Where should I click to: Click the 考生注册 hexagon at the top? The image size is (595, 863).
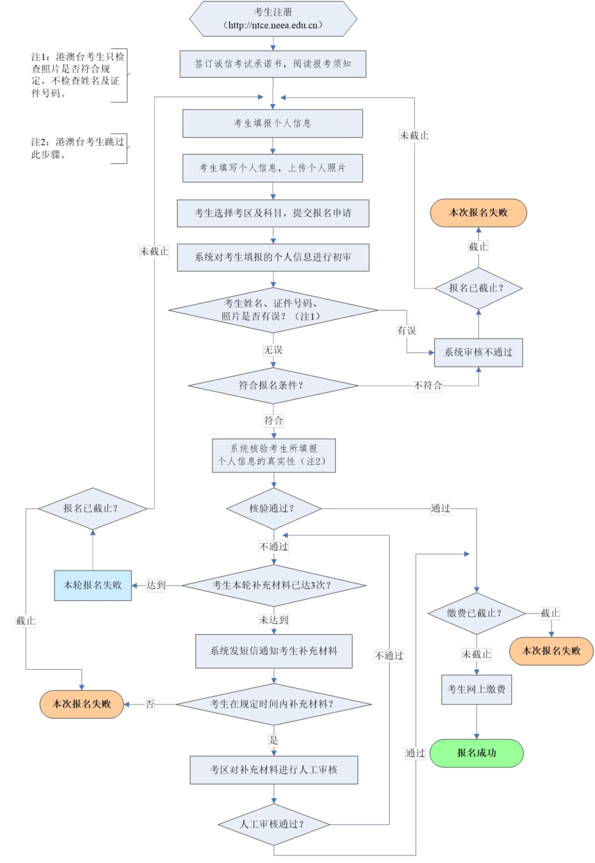pos(273,19)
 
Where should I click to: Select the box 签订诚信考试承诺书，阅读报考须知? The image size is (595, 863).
pos(273,64)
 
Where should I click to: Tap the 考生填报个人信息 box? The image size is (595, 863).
pos(273,123)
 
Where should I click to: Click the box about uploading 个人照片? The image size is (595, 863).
pos(273,168)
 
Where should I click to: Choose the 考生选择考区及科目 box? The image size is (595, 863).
pos(273,213)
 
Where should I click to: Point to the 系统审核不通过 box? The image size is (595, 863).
pos(478,353)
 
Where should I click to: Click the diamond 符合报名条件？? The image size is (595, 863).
pos(273,385)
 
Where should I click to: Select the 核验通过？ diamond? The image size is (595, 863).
pos(273,508)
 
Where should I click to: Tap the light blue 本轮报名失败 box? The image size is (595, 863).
pos(93,585)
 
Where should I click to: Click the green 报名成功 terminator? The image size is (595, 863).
pos(477,753)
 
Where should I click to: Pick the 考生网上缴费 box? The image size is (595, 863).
pos(477,689)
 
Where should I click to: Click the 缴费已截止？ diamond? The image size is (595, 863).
pos(477,613)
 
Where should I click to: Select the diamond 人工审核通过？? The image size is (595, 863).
pos(273,824)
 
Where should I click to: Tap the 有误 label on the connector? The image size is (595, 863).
pos(407,331)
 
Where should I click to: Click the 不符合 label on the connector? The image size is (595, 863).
pos(428,385)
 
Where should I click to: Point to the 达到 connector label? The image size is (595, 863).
pos(156,585)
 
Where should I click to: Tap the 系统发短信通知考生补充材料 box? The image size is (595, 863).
pos(274,651)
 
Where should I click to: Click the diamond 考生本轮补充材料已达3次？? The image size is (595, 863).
pos(273,585)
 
